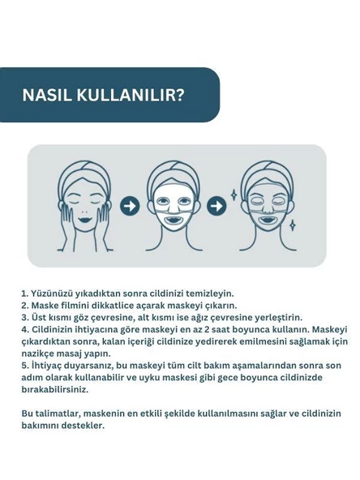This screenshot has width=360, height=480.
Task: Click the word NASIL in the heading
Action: point(50,94)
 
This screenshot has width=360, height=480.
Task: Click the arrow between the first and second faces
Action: point(129,206)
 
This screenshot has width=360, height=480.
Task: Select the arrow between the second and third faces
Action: point(217,206)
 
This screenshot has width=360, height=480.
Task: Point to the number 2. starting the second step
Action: point(26,305)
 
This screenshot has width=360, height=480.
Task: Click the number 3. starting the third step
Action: point(26,317)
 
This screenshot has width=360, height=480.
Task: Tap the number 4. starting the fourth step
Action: point(26,329)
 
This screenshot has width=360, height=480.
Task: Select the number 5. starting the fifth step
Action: point(26,366)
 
